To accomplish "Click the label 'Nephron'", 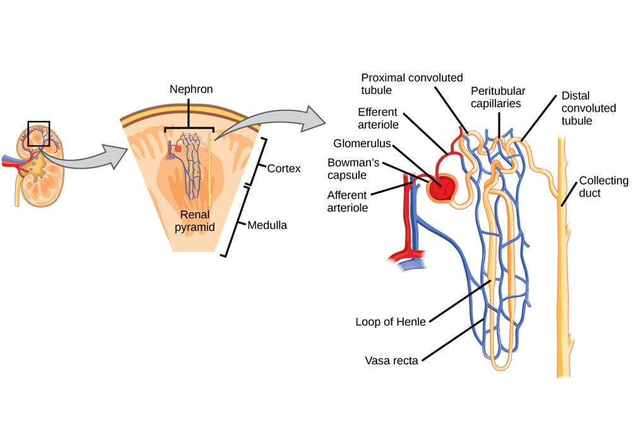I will coord(191,89).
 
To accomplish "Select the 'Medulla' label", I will coord(267,225).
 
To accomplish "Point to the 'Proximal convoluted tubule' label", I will coord(411,84).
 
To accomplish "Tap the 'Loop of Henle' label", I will coord(391,322).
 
